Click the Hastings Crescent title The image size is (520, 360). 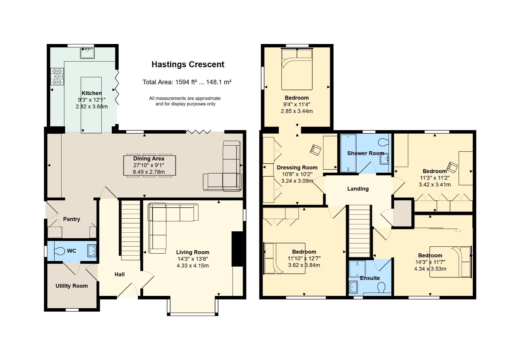tap(188, 64)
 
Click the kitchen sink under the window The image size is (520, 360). tap(88, 53)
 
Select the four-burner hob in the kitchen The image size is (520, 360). tap(57, 77)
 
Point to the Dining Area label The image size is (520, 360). tap(149, 159)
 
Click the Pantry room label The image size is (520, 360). tap(72, 219)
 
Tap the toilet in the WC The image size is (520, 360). tap(59, 251)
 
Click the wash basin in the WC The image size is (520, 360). tap(92, 251)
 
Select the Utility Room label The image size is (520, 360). tap(72, 286)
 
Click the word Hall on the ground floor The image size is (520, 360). tap(120, 275)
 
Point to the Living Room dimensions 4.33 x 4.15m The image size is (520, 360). tap(193, 265)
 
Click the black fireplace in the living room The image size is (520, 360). tap(237, 249)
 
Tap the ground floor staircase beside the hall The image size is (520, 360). tap(131, 230)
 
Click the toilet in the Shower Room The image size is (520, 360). tap(383, 142)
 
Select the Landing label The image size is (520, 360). tap(358, 189)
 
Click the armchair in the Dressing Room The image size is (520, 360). tap(315, 150)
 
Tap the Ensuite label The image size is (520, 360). tap(370, 278)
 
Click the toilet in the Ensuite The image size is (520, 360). tap(381, 288)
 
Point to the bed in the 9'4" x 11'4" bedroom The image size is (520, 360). tap(297, 69)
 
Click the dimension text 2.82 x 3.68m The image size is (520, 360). tap(92, 107)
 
